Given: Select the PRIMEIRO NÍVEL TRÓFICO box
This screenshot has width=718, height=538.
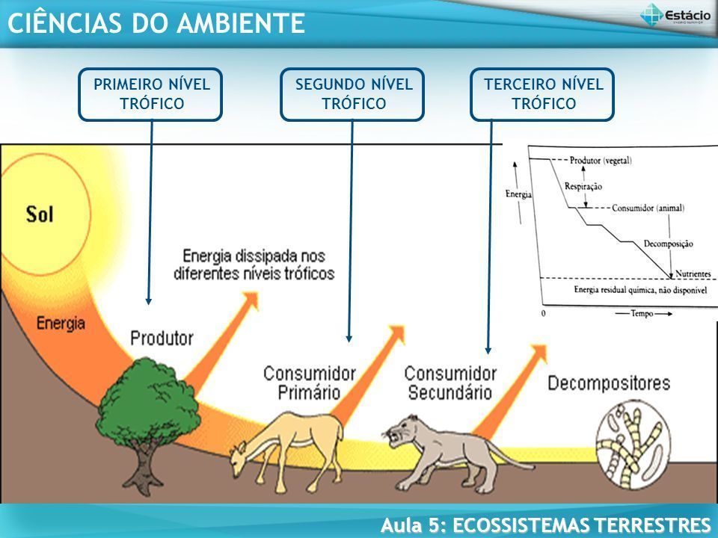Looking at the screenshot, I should pyautogui.click(x=150, y=94).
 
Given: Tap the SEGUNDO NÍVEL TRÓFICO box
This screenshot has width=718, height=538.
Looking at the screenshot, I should pyautogui.click(x=352, y=94).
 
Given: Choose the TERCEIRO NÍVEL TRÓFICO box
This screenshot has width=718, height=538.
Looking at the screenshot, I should pyautogui.click(x=542, y=94).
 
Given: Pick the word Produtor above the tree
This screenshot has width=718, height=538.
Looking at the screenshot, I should pyautogui.click(x=162, y=338).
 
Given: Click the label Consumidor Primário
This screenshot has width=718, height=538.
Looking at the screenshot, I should pyautogui.click(x=309, y=381).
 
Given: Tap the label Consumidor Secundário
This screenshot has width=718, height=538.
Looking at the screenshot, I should pyautogui.click(x=449, y=381).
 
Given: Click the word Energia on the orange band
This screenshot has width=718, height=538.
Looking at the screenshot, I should pyautogui.click(x=61, y=324).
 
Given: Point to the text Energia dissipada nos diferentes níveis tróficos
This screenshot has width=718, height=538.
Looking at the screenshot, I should pyautogui.click(x=254, y=264).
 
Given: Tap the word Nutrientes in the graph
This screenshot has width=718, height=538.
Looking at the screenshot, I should pyautogui.click(x=690, y=274).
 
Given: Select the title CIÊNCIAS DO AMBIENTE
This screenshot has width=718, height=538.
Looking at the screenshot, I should pyautogui.click(x=155, y=23).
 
